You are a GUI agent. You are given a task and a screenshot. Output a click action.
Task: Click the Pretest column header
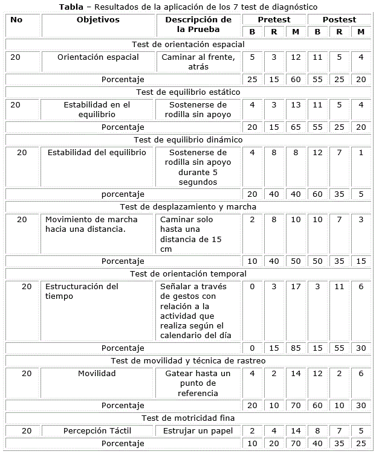274,20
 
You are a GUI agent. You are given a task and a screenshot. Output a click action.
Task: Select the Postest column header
339,20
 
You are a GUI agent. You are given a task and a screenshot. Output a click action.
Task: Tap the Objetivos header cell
98,20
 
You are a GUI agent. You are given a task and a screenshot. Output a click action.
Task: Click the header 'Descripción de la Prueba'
198,25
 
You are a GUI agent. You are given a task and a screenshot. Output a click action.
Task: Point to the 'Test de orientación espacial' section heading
188,44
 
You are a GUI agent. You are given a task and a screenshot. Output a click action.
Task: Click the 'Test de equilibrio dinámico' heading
188,139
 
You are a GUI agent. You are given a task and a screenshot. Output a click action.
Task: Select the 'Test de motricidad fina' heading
188,418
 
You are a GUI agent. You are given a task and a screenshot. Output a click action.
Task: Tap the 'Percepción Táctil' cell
97,430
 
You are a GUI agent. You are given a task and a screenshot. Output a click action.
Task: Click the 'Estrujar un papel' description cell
198,430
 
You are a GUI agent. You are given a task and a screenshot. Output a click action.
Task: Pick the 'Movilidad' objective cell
97,374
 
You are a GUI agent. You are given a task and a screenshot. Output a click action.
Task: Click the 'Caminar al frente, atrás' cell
198,62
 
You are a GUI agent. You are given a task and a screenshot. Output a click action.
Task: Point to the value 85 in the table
295,348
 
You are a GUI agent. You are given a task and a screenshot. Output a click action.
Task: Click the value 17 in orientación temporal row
295,287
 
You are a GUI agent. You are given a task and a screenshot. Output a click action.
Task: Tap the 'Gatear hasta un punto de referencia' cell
198,383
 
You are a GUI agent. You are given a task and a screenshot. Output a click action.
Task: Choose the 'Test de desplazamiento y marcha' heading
188,206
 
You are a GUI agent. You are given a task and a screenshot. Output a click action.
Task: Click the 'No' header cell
17,20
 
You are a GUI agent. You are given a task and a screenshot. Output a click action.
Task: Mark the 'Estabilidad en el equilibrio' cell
98,109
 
